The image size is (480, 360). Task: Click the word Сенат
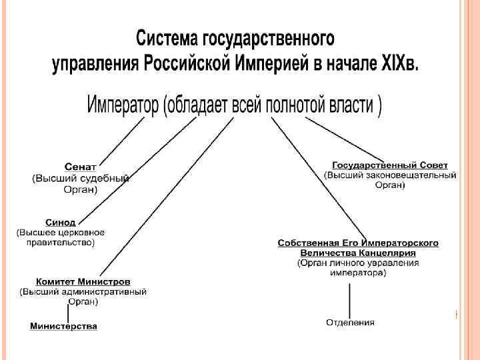coord(80,166)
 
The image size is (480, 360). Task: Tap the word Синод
coord(60,222)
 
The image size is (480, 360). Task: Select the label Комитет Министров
coord(83,281)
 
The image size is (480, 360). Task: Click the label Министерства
coord(64,326)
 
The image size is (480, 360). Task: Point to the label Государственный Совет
coord(390,165)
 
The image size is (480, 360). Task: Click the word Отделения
coord(350,323)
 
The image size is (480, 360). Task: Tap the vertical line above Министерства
coord(67,312)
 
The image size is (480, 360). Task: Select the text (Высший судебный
coord(81,178)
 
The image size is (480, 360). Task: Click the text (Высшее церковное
coord(61,232)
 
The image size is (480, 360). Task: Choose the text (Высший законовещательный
coord(390,175)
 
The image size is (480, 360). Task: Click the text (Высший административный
coord(83,291)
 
